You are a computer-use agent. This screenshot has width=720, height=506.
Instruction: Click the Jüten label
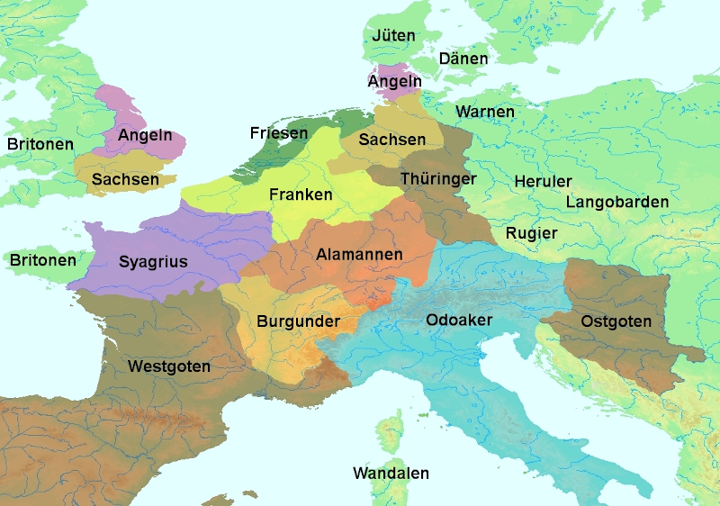(393, 36)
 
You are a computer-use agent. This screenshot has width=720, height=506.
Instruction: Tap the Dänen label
(463, 59)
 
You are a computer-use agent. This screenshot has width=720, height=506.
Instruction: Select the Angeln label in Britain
(145, 136)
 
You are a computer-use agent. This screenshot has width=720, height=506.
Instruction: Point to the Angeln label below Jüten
(394, 82)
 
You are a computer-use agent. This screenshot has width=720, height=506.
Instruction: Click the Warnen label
(485, 112)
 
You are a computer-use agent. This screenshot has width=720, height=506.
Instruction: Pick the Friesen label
(278, 133)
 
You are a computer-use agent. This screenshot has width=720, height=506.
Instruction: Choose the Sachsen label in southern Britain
(125, 180)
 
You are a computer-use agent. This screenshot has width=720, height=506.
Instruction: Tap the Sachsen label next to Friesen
(391, 140)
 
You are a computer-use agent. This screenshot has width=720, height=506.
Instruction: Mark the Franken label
(301, 194)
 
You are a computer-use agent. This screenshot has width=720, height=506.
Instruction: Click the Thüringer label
(438, 179)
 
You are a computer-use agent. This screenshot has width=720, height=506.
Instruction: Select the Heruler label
(543, 181)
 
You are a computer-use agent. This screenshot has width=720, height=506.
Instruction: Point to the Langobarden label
(617, 202)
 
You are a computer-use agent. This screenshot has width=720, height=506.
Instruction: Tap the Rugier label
(531, 233)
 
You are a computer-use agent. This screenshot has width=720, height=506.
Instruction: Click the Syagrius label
(153, 263)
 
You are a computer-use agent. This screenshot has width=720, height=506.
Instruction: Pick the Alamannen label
(359, 255)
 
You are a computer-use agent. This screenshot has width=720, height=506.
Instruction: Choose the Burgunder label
(298, 321)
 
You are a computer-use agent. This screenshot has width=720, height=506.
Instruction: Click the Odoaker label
(459, 320)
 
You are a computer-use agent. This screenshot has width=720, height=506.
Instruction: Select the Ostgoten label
(616, 321)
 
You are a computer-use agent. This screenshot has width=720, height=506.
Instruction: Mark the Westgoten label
(169, 366)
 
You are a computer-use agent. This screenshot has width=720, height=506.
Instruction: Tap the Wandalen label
(391, 474)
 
